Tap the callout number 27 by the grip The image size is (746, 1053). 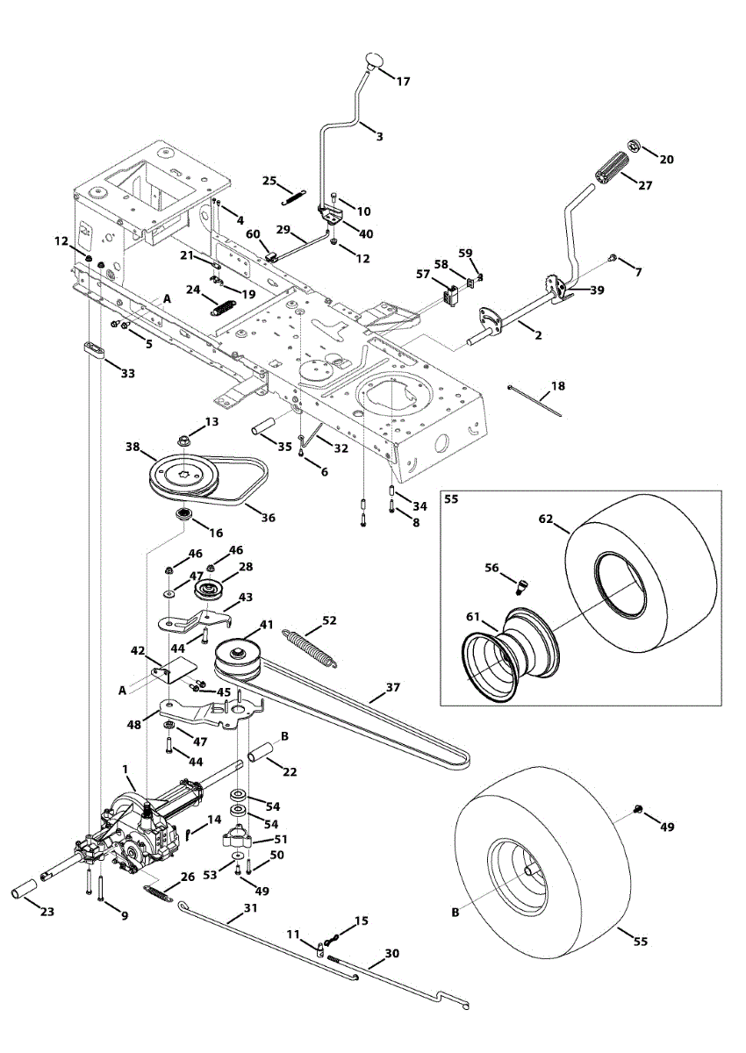click(645, 186)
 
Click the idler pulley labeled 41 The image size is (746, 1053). click(234, 654)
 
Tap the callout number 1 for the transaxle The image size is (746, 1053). click(128, 770)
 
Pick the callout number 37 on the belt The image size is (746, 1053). click(392, 688)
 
